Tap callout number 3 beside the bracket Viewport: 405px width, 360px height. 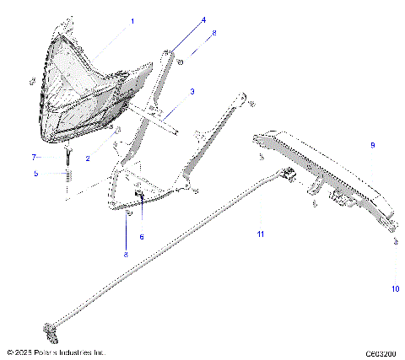point(192,91)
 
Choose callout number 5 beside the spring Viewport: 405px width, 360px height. point(35,174)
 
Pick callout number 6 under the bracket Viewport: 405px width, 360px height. point(142,237)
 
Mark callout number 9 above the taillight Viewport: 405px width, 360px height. point(371,146)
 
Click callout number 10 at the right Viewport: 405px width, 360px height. point(395,288)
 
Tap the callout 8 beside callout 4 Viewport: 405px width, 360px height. point(213,33)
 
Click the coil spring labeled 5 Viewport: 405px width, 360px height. point(66,179)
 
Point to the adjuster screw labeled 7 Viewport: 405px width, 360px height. point(66,155)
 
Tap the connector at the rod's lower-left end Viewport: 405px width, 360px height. point(51,327)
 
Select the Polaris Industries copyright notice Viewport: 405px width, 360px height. point(55,352)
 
